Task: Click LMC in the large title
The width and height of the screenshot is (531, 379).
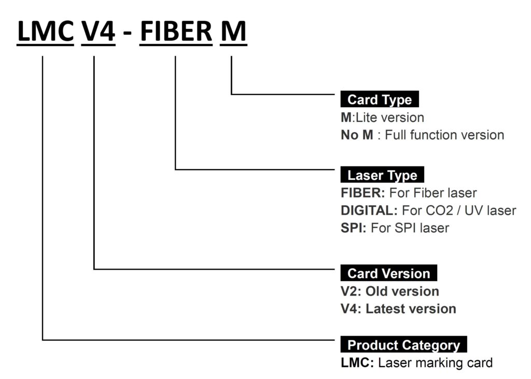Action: click(x=46, y=31)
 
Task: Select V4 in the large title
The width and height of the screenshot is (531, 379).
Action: click(x=98, y=31)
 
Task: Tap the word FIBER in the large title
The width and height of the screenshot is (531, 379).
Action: click(x=176, y=31)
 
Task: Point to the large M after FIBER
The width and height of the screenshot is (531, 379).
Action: click(x=233, y=31)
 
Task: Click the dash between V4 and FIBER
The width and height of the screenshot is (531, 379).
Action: click(x=128, y=33)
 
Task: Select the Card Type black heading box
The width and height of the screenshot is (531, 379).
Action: click(x=380, y=99)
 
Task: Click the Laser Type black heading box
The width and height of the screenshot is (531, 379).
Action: click(x=382, y=175)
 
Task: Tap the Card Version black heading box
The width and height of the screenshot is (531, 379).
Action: click(x=389, y=273)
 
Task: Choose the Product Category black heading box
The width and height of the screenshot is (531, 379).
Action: click(x=403, y=344)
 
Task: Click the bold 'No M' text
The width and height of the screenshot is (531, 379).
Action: click(x=357, y=135)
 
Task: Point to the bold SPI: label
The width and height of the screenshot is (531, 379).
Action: click(x=354, y=228)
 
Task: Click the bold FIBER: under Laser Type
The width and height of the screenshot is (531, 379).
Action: click(x=362, y=193)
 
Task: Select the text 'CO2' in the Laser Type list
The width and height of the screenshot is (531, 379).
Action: click(x=439, y=210)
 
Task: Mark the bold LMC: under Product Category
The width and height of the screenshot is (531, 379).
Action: click(x=357, y=362)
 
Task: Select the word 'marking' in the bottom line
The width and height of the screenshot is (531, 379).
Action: click(x=434, y=363)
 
